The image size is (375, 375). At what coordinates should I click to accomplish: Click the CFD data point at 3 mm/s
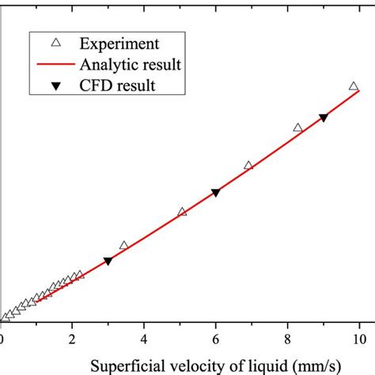pyautogui.click(x=108, y=261)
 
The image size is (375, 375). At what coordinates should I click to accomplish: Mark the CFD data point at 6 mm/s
pyautogui.click(x=215, y=193)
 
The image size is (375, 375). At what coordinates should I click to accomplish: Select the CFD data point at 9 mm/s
pyautogui.click(x=323, y=118)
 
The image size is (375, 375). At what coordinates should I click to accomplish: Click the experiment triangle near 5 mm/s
pyautogui.click(x=183, y=211)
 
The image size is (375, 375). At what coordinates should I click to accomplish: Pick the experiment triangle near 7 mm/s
pyautogui.click(x=248, y=165)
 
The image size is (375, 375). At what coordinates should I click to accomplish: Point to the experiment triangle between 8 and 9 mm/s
pyautogui.click(x=297, y=127)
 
